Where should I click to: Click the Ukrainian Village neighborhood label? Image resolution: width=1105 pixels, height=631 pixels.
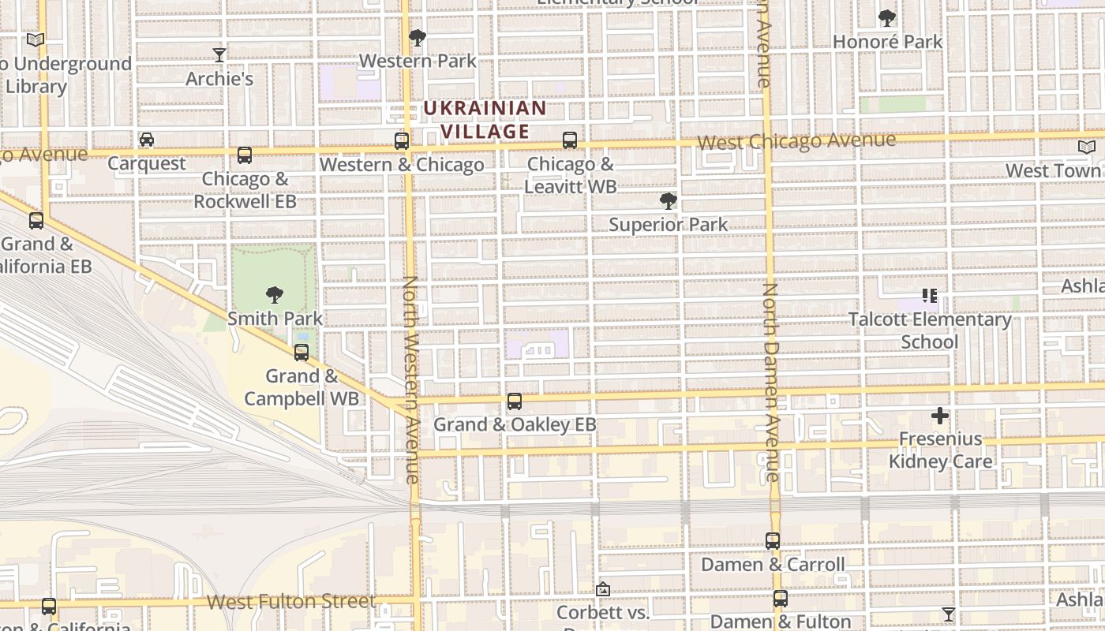click(x=484, y=119)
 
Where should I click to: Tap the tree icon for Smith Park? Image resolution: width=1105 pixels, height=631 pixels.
click(x=275, y=295)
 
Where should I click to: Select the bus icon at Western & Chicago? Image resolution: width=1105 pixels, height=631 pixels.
click(x=402, y=141)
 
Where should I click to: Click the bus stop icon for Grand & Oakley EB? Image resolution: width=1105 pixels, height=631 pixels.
click(x=515, y=401)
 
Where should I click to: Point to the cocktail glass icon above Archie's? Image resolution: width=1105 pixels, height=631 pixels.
click(x=219, y=55)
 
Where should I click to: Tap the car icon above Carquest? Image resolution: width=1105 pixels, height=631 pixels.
click(x=147, y=140)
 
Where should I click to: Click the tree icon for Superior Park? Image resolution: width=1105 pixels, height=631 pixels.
click(x=668, y=201)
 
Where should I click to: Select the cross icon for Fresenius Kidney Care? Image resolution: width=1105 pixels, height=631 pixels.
click(x=939, y=416)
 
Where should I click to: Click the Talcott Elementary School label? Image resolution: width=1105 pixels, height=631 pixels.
click(x=930, y=330)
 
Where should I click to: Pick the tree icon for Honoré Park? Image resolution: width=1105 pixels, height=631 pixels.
click(x=887, y=18)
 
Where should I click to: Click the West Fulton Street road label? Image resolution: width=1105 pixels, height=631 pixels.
click(x=291, y=602)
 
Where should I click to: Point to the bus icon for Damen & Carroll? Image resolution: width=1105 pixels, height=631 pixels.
click(x=773, y=541)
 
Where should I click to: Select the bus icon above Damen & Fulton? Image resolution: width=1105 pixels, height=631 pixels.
click(x=781, y=599)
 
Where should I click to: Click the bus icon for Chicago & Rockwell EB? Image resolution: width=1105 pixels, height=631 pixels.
click(x=245, y=155)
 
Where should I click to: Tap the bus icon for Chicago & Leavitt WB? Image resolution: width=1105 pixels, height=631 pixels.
click(x=570, y=141)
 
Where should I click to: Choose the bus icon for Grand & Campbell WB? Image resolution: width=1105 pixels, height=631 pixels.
click(x=302, y=353)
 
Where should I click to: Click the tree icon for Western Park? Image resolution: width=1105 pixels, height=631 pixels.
click(x=418, y=38)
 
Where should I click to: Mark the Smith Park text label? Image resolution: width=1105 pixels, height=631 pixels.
click(x=275, y=319)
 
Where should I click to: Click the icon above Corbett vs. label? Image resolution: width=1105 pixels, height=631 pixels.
click(x=603, y=589)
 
